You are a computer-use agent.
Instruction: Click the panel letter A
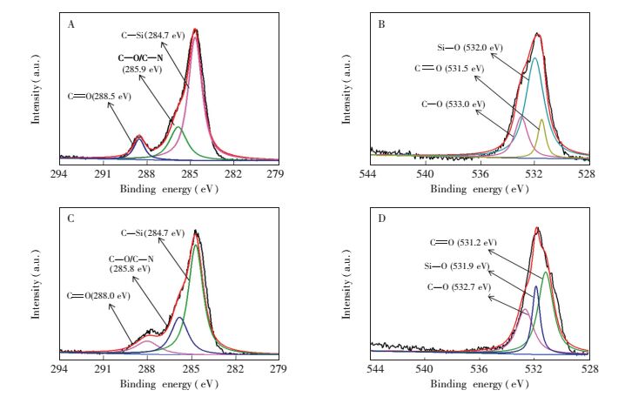coord(71,24)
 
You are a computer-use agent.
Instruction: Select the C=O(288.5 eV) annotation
coord(99,96)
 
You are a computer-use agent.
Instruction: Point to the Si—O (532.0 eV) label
coord(468,47)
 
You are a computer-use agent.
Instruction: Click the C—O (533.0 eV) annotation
coord(453,104)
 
